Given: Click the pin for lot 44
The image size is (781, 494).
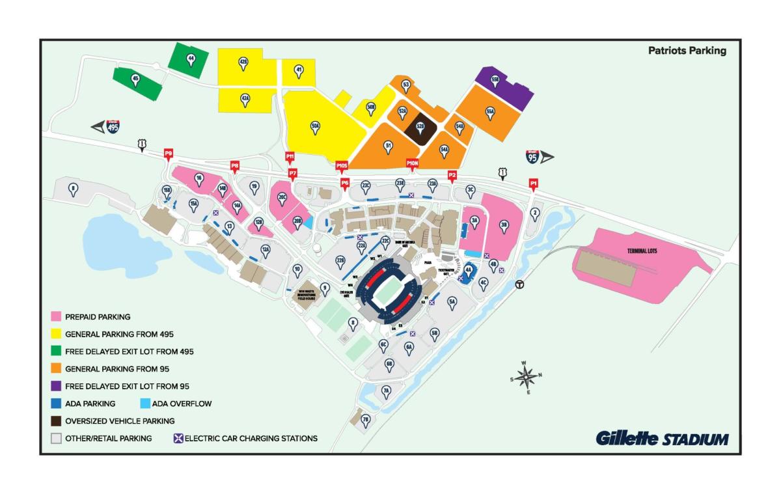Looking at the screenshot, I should coord(191,59).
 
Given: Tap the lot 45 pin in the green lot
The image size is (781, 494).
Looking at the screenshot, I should coord(135,80).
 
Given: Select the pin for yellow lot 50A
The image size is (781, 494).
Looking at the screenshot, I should coord(315,127).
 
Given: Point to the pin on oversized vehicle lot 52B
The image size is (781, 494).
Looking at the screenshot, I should coord(420,127).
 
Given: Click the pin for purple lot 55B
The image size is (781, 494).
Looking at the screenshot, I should coord(495,80).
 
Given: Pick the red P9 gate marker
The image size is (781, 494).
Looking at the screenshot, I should coord(169,154).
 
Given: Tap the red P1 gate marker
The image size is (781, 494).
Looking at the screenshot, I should coord(534,184).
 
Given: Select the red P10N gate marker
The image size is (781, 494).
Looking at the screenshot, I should coord(412,163).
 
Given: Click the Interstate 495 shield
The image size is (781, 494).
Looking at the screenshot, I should coord(113,126).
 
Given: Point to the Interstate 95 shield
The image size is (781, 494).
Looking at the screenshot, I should coord(532,156).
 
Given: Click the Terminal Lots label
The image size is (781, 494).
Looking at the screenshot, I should coord(642,251).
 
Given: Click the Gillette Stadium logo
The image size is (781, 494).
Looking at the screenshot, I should coord(662,439).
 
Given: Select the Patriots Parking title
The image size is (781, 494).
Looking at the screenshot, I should coord(687,50).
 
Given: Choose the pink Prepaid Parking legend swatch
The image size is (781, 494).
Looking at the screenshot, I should coord(57,317).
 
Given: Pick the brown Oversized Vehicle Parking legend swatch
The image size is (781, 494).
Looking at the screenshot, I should coord(57,421).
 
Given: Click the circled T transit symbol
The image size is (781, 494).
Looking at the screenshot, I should coord(520,284).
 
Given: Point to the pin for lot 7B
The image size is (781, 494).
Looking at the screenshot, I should coord(365,420).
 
